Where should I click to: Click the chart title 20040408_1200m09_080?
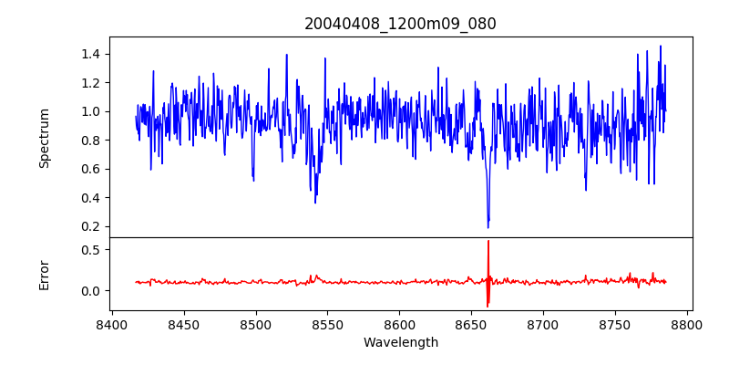(400, 24)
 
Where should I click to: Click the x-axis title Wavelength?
(400, 342)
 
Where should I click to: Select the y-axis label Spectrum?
(45, 138)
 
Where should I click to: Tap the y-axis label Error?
(45, 275)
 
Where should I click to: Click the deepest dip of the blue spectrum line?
(488, 226)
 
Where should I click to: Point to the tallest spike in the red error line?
(488, 242)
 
